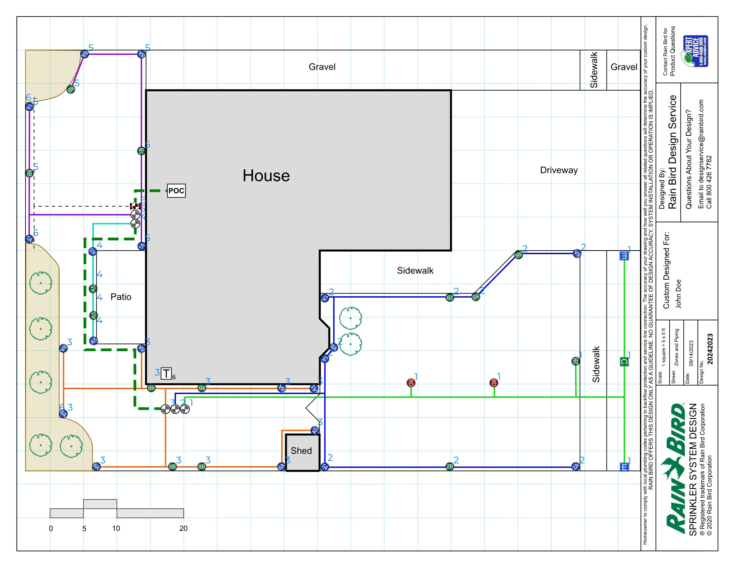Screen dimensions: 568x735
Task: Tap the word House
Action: [266, 176]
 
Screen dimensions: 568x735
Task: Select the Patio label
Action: [121, 297]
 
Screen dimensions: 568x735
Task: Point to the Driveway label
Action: [559, 170]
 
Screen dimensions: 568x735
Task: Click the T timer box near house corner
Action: [166, 374]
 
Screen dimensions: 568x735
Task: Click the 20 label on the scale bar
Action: [183, 528]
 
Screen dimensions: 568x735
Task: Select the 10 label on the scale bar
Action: [116, 528]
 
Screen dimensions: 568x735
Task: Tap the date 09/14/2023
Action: [691, 353]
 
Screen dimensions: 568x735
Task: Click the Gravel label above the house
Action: [322, 67]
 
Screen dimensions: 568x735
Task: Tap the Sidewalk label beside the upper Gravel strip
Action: [594, 70]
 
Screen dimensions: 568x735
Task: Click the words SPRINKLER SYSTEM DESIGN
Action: [693, 469]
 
